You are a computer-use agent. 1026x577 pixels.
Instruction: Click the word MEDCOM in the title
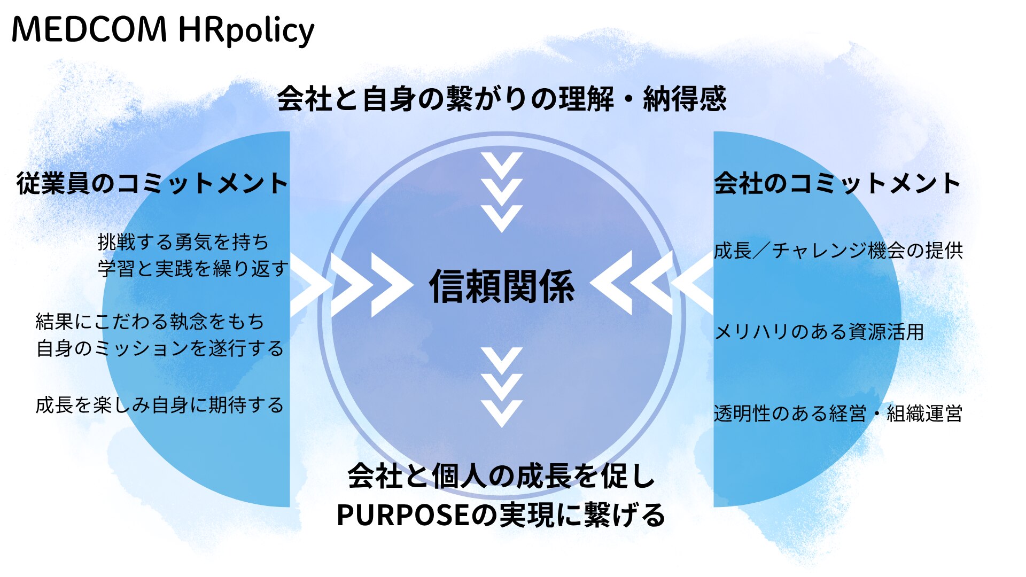coord(89,29)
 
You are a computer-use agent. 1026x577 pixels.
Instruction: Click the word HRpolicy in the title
coord(246,31)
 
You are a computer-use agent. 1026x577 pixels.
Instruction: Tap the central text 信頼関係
coord(502,286)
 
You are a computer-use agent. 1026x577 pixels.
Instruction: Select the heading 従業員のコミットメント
coord(152,183)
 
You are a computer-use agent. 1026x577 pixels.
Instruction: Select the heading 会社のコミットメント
coord(837,183)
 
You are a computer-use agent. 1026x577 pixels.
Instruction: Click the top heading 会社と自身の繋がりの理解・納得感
coord(502,98)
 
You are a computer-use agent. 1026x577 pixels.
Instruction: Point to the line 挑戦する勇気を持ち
coord(183,242)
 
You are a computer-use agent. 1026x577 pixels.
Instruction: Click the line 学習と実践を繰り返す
coord(193,268)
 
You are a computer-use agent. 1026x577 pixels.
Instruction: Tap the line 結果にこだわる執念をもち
coord(150,322)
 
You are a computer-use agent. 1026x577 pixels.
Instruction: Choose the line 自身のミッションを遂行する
coord(160,348)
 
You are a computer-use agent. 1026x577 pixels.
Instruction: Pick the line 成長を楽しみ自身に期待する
coord(160,405)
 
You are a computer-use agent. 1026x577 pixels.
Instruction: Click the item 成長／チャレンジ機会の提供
coord(838,250)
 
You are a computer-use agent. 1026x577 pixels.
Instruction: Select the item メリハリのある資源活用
coord(819,332)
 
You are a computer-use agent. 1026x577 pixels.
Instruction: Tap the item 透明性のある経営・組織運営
coord(838,414)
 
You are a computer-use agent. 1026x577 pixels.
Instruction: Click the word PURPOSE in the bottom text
coord(403,515)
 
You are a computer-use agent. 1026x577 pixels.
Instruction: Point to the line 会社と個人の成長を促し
coord(502,475)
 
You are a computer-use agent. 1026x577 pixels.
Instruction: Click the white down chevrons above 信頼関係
coord(502,192)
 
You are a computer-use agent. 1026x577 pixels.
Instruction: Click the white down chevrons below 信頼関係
coord(502,387)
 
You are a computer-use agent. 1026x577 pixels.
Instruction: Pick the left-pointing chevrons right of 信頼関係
coord(652,283)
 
